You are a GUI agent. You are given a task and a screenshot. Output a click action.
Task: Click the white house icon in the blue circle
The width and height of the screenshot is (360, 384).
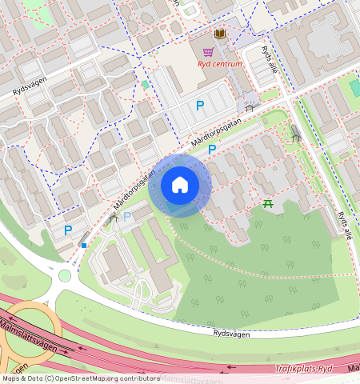(180, 185)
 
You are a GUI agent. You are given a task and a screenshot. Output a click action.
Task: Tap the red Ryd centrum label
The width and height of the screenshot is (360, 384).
(220, 65)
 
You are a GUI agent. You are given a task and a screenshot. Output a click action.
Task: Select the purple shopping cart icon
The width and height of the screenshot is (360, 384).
(208, 51)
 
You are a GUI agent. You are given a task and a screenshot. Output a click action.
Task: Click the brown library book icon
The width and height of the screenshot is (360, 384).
(219, 34)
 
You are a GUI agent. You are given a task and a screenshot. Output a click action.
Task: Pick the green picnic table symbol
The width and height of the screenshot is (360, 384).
(269, 204)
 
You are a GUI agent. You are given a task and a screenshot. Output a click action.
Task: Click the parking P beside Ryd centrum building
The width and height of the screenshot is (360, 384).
(199, 105)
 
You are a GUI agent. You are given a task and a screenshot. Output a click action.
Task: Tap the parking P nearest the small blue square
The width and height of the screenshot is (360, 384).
(68, 230)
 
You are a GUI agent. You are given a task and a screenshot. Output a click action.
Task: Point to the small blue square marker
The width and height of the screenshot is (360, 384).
(83, 245)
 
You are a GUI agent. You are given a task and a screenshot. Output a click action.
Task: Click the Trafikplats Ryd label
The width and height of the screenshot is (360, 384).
(302, 369)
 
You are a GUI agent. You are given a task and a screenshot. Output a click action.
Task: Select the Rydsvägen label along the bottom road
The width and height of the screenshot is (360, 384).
(233, 331)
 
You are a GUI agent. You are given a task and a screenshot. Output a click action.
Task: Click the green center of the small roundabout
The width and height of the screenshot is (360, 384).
(65, 276)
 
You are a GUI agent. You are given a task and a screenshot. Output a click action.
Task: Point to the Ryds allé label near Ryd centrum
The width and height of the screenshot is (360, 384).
(271, 61)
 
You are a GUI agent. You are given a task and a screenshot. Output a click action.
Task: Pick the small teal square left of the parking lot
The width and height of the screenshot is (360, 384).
(145, 83)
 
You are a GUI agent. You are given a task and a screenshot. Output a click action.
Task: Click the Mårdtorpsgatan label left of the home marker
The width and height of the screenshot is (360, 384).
(133, 188)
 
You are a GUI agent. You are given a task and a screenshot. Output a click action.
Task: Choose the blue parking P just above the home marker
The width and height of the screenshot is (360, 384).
(212, 150)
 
